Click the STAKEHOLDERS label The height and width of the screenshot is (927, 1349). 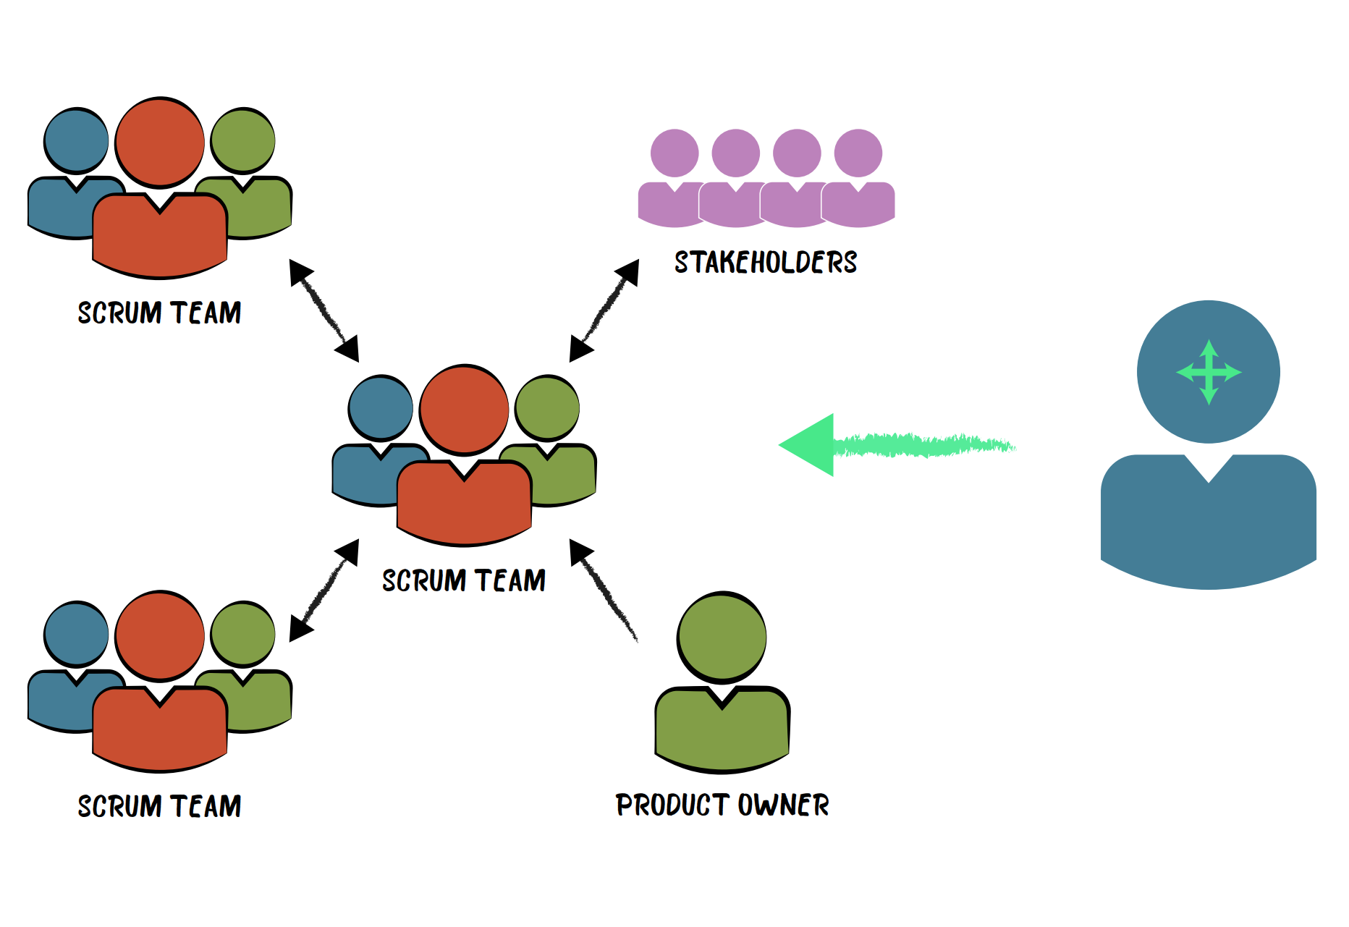(766, 262)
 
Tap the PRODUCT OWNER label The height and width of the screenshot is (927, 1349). (722, 805)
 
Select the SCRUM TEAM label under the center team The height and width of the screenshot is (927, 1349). (464, 580)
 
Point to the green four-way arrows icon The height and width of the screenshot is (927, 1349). (1209, 373)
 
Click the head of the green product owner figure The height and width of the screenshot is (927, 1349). (722, 637)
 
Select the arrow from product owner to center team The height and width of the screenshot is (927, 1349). (604, 590)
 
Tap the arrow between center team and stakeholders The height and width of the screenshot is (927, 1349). (604, 310)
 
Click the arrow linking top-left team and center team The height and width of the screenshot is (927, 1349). (323, 310)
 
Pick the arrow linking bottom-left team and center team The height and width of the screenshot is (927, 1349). (323, 591)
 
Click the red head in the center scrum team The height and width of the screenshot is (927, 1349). (464, 409)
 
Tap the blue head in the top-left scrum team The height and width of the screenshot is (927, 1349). (76, 141)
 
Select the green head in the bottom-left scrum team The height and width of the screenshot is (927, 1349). (242, 634)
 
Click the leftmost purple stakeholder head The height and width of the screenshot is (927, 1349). (674, 153)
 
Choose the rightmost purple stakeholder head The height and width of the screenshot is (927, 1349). (858, 153)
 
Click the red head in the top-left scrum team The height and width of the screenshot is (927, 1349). (159, 143)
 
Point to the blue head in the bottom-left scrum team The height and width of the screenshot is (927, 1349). (76, 634)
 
